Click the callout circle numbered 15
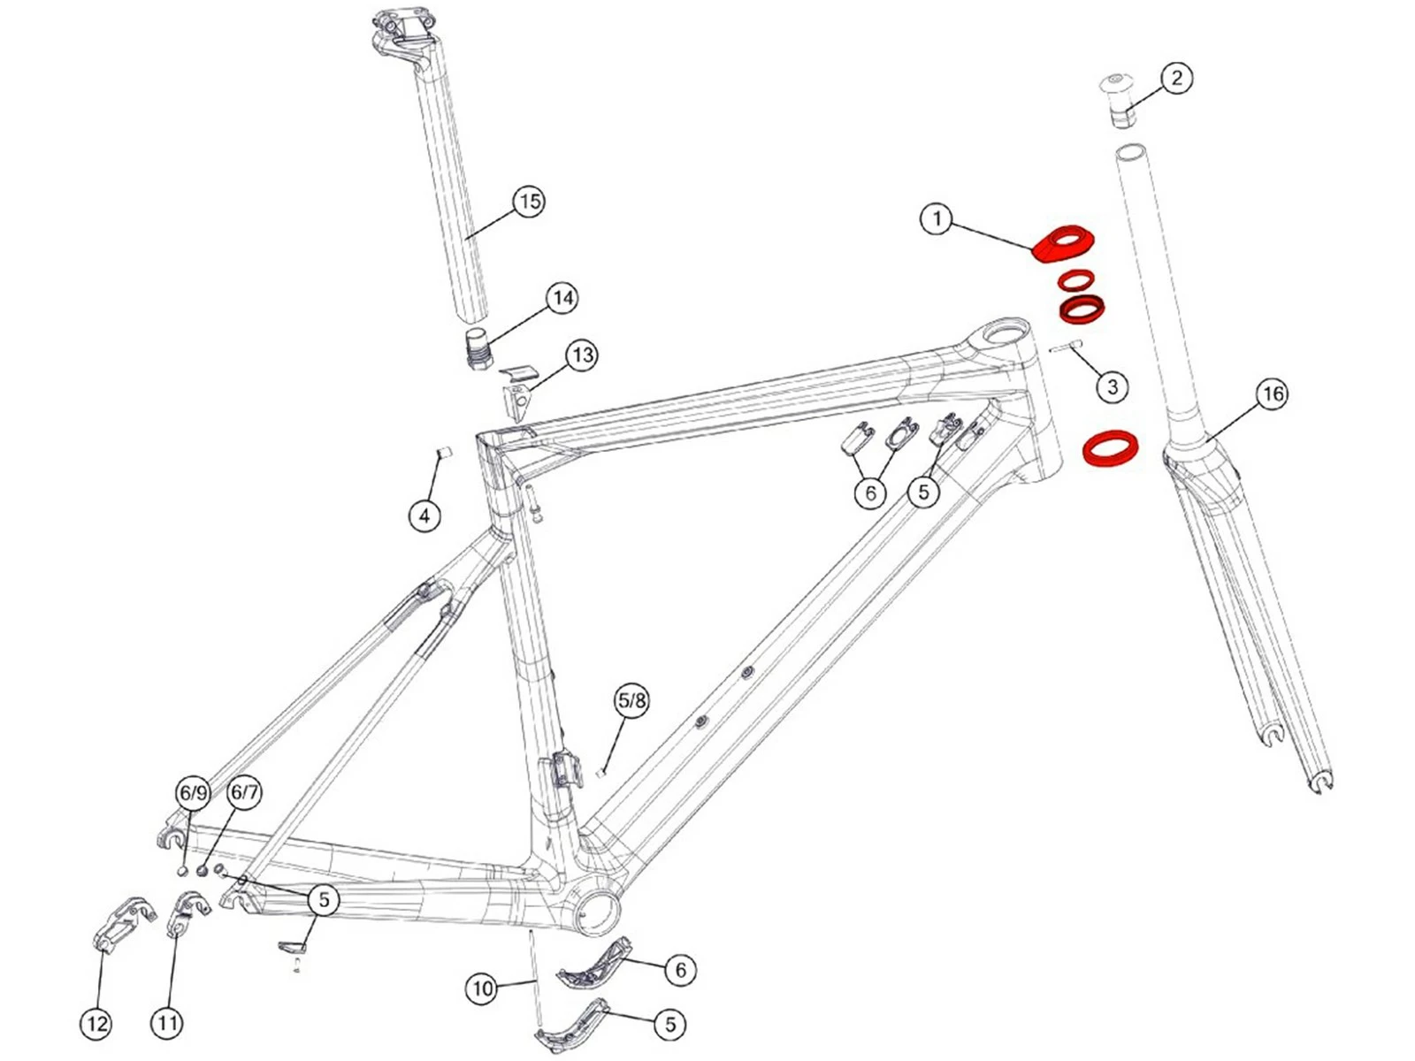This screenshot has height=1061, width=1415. click(x=529, y=202)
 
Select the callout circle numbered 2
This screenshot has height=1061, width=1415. click(x=1176, y=78)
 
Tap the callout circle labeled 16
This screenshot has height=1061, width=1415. click(x=1272, y=393)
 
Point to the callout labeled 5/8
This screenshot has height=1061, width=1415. click(x=631, y=701)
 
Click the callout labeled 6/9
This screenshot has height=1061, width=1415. click(x=193, y=793)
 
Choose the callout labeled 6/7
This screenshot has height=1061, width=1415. click(x=244, y=792)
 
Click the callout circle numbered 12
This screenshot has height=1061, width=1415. click(x=96, y=1024)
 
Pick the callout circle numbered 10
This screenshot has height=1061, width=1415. click(x=482, y=988)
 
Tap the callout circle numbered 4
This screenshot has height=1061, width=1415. click(x=424, y=515)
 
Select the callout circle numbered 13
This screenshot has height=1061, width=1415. click(x=581, y=355)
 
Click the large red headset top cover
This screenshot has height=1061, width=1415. click(x=1064, y=241)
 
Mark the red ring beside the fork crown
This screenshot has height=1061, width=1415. click(x=1111, y=447)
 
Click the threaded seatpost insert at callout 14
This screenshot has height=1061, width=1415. click(x=478, y=350)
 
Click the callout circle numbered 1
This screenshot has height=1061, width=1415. click(x=937, y=218)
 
